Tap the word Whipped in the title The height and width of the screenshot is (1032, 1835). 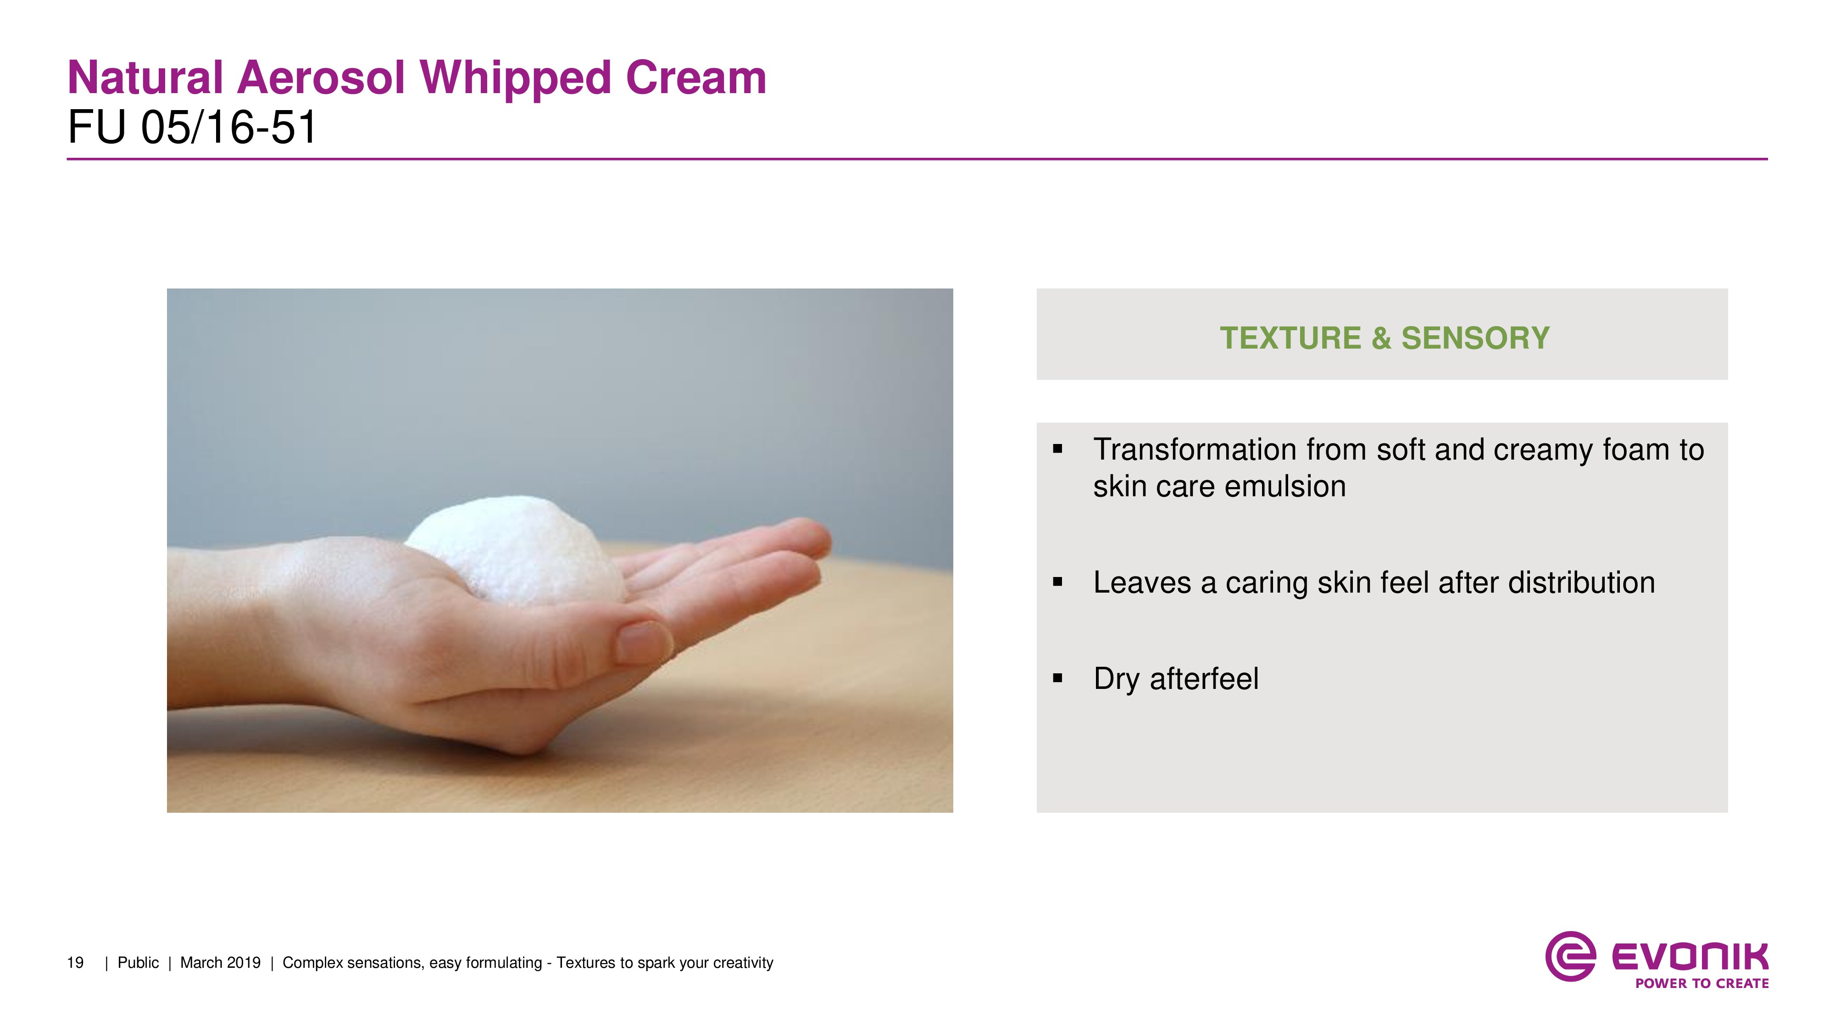[x=516, y=78]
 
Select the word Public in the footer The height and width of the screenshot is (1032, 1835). [x=138, y=963]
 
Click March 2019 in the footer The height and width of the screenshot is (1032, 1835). [x=220, y=963]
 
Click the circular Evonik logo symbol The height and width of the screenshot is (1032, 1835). [x=1570, y=956]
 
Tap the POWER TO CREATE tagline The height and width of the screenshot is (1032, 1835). [x=1702, y=983]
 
